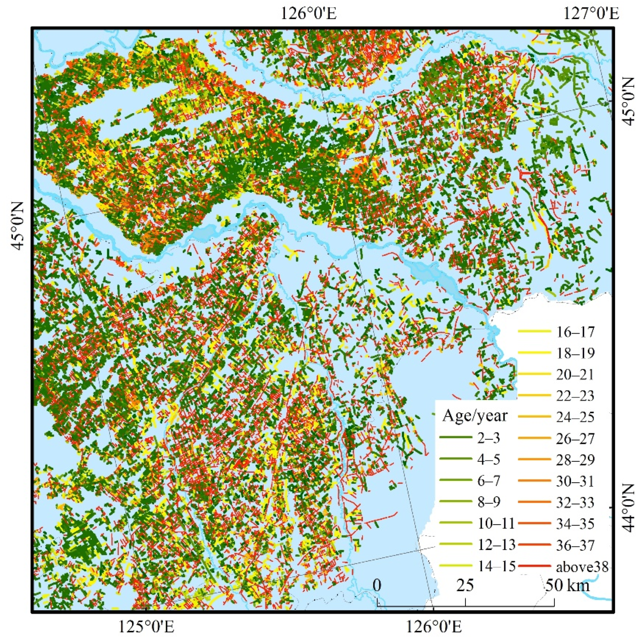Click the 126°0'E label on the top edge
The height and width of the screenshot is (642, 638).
click(x=309, y=14)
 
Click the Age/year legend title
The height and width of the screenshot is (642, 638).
click(x=475, y=416)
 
